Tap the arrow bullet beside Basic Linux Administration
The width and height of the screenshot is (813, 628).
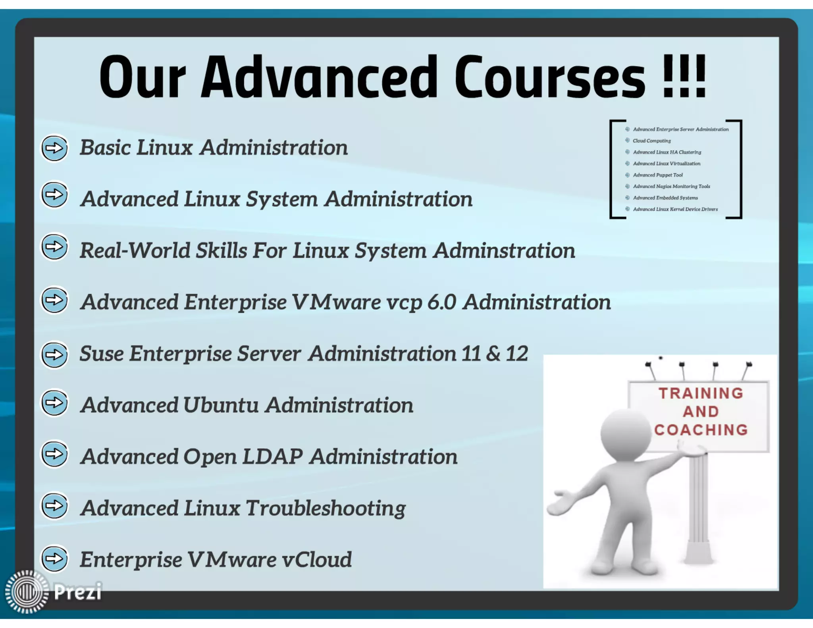[54, 148]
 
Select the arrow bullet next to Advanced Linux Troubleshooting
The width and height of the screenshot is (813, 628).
[54, 506]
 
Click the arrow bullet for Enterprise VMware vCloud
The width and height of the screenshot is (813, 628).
[54, 559]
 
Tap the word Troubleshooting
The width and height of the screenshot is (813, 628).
[326, 509]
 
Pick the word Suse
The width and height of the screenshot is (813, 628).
[101, 354]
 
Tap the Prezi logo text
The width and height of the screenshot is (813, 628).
[78, 591]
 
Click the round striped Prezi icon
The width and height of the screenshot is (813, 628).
[27, 592]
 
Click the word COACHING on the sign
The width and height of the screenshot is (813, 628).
[701, 430]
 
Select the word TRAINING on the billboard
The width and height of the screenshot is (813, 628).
[701, 393]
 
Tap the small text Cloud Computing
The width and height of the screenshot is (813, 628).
[651, 141]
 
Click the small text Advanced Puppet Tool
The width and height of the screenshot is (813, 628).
[658, 175]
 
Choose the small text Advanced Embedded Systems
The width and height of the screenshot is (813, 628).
[665, 198]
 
